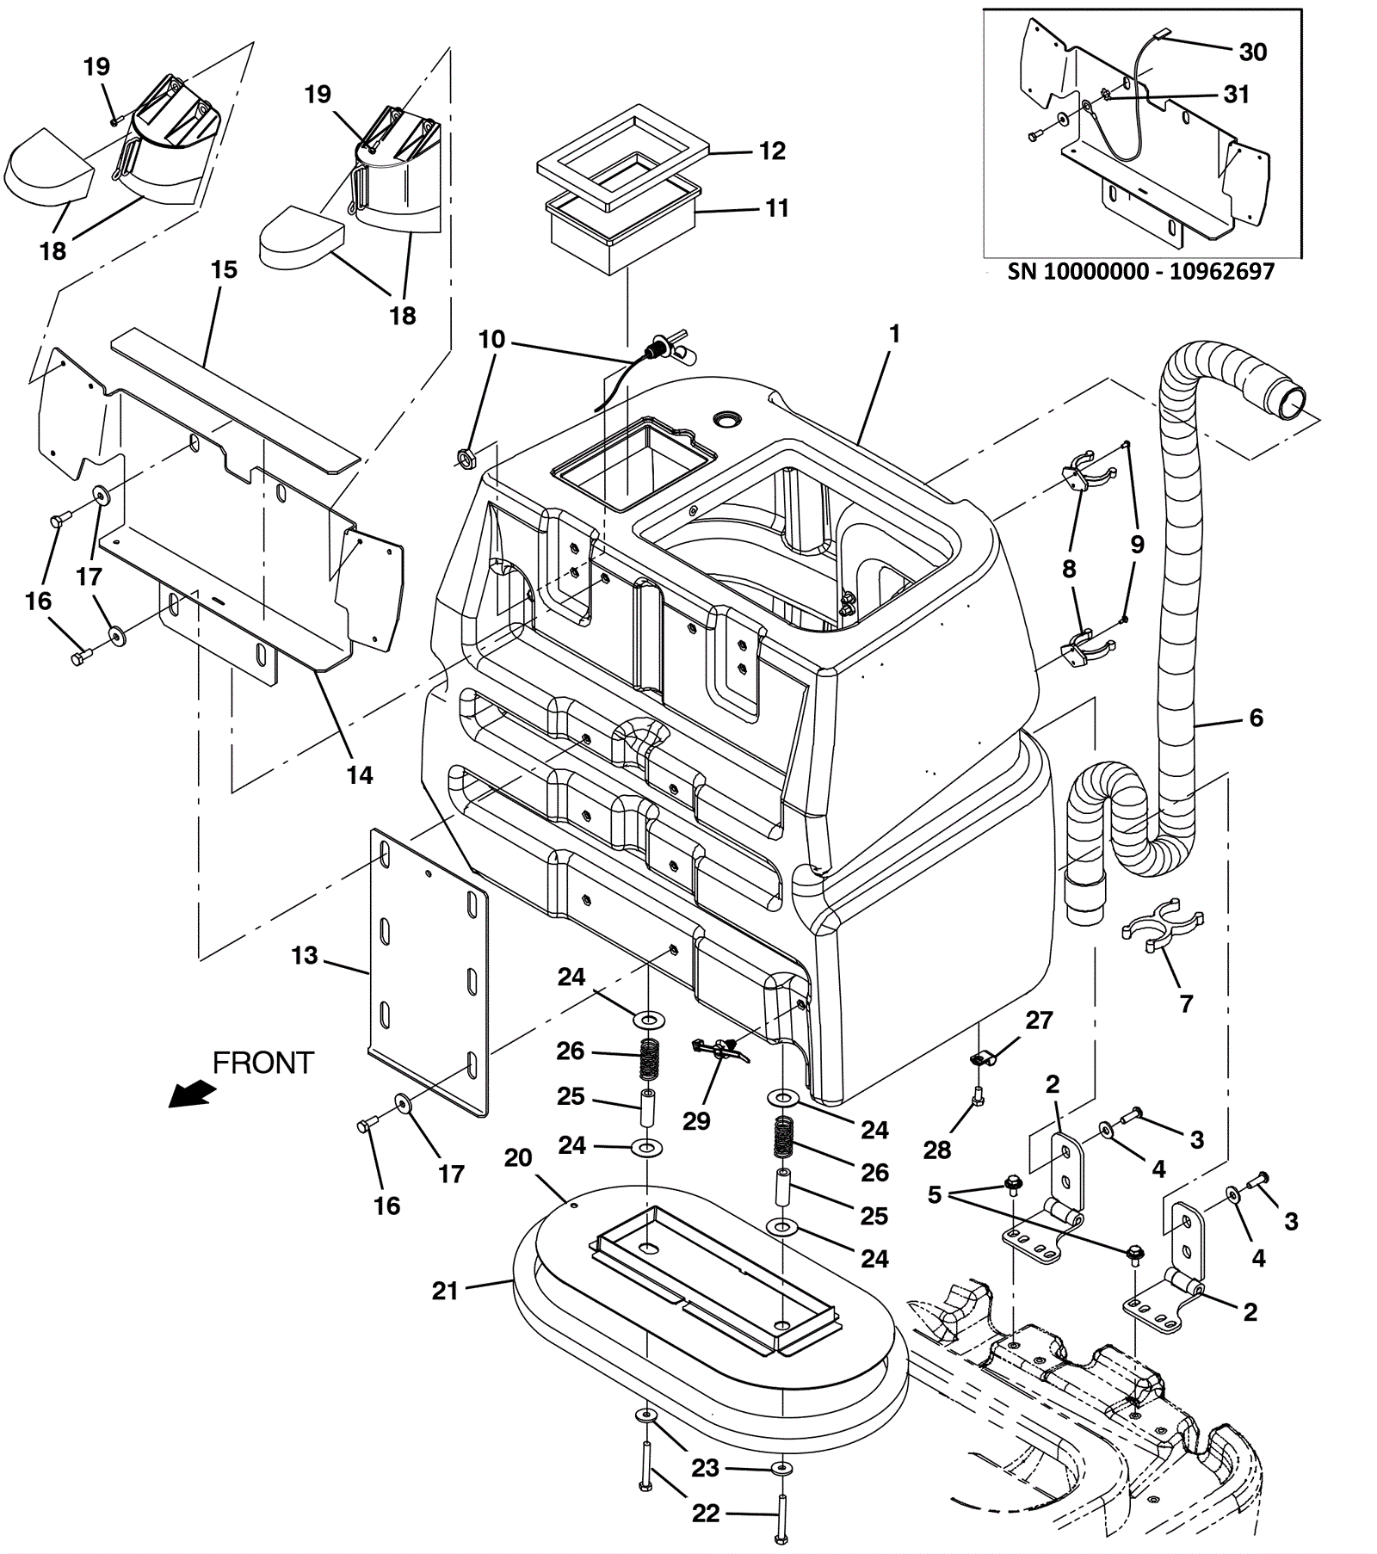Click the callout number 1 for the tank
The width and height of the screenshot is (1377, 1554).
[894, 334]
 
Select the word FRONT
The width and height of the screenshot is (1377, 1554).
[262, 1064]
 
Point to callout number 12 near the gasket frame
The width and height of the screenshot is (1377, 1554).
[772, 151]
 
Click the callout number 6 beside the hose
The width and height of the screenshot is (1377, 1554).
[1256, 718]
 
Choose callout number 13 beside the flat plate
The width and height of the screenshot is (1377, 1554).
[305, 955]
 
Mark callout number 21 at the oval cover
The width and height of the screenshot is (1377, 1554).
[445, 1291]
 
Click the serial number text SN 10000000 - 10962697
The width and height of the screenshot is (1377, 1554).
[1140, 271]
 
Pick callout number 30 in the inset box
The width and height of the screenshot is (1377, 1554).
[1252, 52]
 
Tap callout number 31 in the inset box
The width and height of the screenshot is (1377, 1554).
[1236, 94]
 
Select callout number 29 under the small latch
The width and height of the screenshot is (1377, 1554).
[696, 1121]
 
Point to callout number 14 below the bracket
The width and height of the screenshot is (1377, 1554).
[360, 775]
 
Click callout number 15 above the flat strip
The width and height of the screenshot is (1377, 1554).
[224, 270]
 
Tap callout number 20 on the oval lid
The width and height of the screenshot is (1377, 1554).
[518, 1158]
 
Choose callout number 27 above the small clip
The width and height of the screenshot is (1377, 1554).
[1039, 1021]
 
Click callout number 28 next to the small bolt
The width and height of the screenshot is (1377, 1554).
[937, 1150]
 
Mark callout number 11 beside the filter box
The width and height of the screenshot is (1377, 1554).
[776, 208]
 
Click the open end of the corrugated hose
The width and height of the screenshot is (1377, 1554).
[1289, 400]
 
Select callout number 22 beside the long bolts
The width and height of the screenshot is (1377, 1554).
[706, 1514]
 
